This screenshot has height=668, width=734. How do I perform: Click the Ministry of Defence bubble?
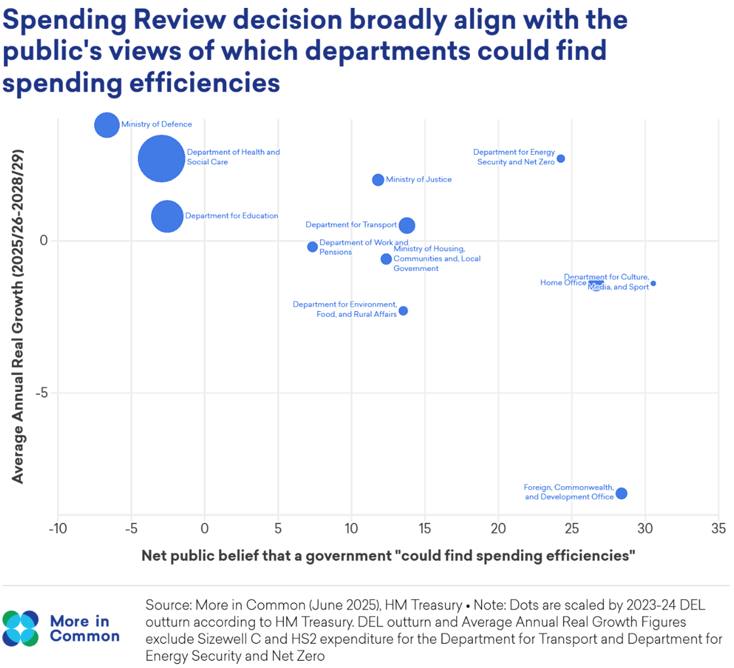point(107,125)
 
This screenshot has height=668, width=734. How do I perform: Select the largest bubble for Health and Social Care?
point(161,159)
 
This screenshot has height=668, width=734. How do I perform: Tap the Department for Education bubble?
point(167,216)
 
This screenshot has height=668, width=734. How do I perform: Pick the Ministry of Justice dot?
point(378,180)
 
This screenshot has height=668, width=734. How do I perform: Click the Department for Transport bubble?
point(407,225)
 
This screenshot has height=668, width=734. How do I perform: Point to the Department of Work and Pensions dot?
point(313,247)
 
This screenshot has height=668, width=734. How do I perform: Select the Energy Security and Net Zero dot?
point(561,159)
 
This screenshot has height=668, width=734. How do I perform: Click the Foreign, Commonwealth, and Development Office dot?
point(621,493)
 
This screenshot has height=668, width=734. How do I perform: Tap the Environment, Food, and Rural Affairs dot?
point(403,310)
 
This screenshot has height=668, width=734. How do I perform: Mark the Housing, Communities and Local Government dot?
point(386,259)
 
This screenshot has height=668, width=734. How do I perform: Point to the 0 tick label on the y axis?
point(45,241)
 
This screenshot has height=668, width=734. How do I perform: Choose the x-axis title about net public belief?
point(389,556)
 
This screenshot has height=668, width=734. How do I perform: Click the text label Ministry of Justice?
point(419,180)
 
